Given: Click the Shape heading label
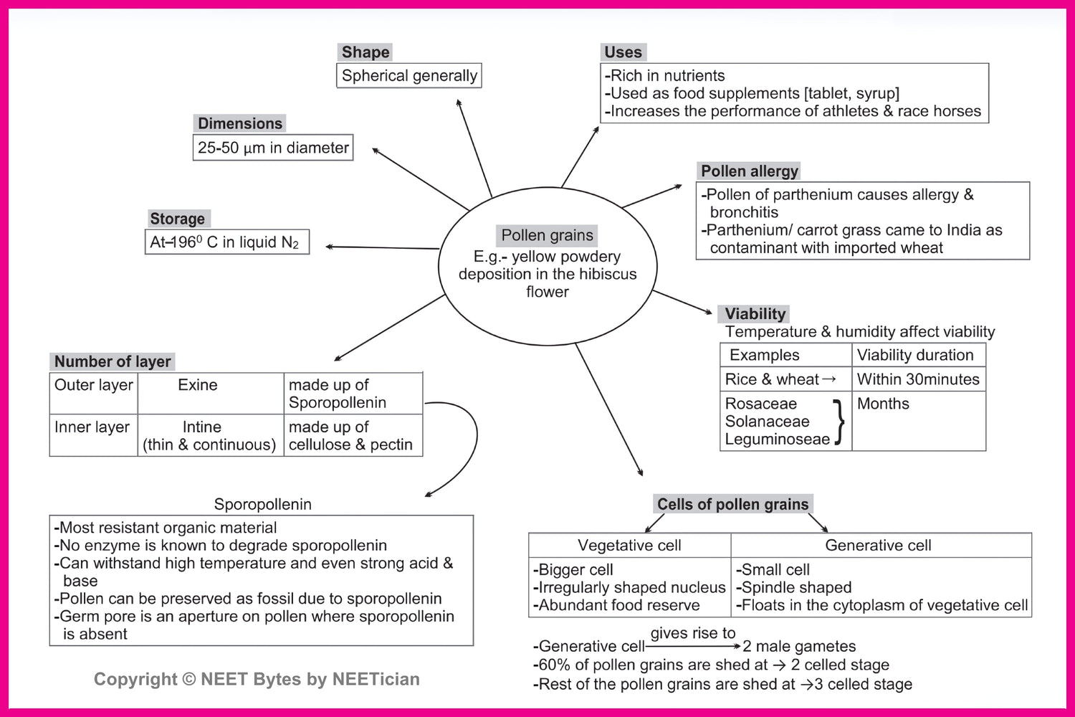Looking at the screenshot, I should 365,52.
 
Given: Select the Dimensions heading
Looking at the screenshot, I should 240,123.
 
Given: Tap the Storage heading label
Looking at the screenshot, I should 177,219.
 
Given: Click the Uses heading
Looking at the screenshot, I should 623,52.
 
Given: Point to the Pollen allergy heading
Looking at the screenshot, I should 749,171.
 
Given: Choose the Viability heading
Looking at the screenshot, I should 755,314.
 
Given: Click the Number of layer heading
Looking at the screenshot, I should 113,361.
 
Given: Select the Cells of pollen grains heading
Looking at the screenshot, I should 732,504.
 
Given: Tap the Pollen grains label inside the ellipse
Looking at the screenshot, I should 548,235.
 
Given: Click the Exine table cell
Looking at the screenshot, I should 198,385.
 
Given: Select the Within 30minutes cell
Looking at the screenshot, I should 918,379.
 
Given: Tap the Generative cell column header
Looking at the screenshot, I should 878,546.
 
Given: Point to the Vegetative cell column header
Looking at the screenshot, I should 629,546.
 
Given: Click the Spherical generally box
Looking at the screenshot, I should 409,76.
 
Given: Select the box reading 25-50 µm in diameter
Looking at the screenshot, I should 273,148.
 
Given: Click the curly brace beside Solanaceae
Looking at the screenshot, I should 838,422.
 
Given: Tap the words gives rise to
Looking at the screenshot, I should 693,633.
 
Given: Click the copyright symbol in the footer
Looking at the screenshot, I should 188,680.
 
